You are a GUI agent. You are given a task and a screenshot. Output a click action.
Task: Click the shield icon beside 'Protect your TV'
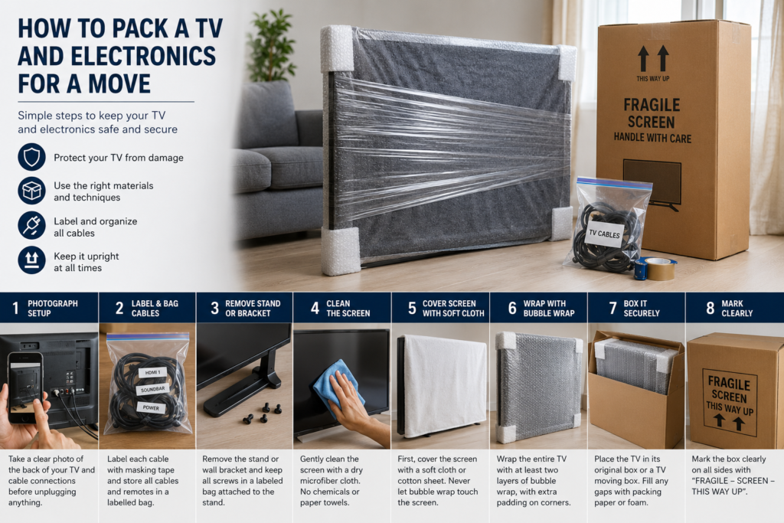[31, 157]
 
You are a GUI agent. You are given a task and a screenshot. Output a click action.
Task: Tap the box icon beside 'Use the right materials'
[31, 191]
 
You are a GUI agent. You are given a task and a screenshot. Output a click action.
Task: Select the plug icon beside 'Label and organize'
[31, 225]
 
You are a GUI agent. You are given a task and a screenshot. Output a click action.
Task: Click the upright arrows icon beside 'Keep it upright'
[31, 260]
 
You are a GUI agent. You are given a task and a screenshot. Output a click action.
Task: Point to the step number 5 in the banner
[412, 309]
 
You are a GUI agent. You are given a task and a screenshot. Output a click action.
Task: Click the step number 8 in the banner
[710, 308]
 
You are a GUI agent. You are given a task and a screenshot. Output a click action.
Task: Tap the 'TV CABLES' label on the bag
[604, 234]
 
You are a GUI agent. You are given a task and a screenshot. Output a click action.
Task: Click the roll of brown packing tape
[660, 269]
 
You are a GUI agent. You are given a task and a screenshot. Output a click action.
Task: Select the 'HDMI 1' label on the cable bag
[152, 372]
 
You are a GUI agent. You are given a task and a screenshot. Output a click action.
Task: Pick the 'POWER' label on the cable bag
[151, 407]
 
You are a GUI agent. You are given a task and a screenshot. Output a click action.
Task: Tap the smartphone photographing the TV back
[25, 387]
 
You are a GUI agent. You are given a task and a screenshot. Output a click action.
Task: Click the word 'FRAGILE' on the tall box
[652, 105]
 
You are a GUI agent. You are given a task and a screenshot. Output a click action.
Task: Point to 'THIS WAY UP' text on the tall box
[652, 79]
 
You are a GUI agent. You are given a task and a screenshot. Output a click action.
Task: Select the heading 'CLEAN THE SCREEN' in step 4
[348, 309]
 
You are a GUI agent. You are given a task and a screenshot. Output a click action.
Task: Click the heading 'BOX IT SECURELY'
[642, 309]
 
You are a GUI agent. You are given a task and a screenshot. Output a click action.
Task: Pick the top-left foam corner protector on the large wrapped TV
[337, 48]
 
